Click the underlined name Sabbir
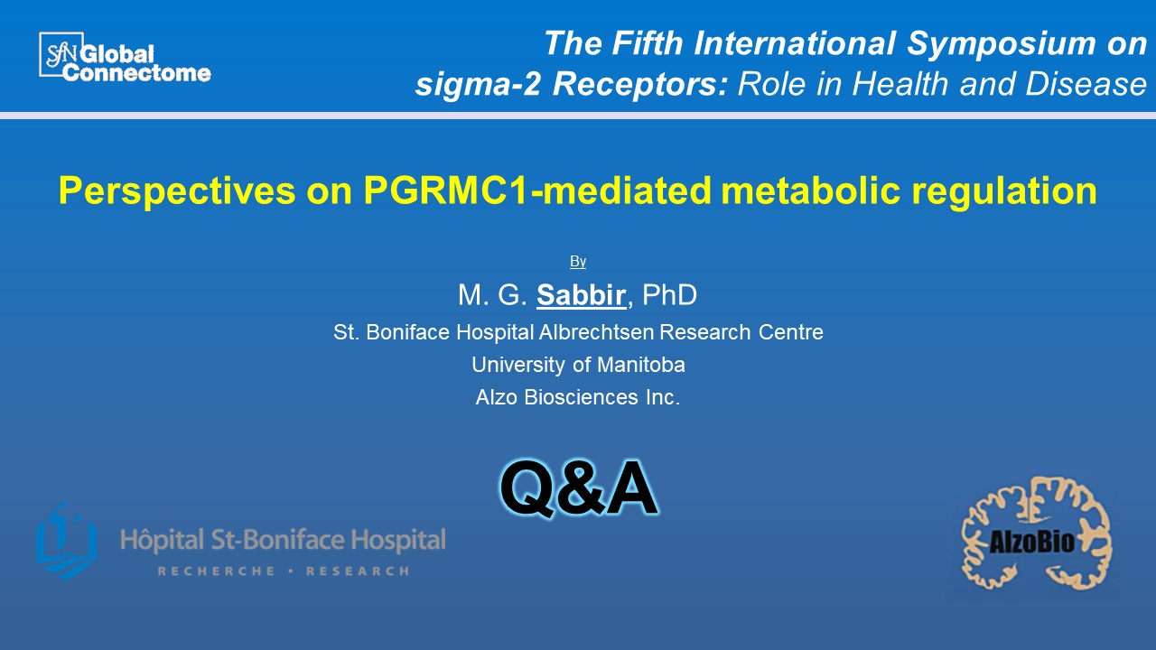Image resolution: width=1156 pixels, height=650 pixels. coord(581,295)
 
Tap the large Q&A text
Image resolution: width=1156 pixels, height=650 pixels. coord(579,488)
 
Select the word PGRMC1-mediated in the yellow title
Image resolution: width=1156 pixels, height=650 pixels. coord(536,190)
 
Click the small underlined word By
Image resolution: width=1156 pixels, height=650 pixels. coord(577,262)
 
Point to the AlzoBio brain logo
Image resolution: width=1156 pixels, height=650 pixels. coord(1036,534)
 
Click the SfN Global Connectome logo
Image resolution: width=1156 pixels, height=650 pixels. coord(125,57)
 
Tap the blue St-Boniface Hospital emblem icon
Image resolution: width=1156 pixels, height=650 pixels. coord(67,540)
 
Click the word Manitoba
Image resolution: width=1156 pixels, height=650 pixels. coord(641,365)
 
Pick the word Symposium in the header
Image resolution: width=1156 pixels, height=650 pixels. coord(1002,43)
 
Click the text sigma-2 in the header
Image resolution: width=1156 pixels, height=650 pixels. coord(478,84)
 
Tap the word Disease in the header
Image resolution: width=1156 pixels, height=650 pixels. coord(1086,84)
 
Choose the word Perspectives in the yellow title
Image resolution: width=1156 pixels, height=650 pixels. coord(177,191)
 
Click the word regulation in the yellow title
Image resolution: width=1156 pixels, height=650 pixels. coord(1004,191)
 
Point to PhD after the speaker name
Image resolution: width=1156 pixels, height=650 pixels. coord(669,295)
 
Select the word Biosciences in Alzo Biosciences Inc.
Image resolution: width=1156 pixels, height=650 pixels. coord(581,397)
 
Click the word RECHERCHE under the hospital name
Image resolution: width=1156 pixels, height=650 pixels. coord(216,571)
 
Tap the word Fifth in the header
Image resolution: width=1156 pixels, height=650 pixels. coord(648,42)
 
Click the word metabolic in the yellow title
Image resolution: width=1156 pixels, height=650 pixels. coord(811,190)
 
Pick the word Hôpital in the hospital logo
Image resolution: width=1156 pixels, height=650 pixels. coord(162,541)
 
